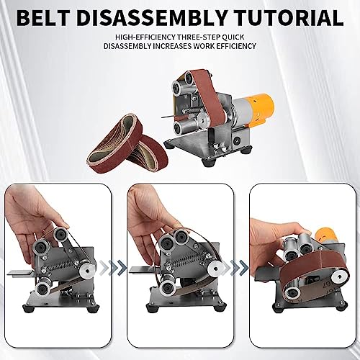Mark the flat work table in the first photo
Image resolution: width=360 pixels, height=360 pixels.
(19, 276)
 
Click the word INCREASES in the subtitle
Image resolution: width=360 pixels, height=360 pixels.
(199, 47)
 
